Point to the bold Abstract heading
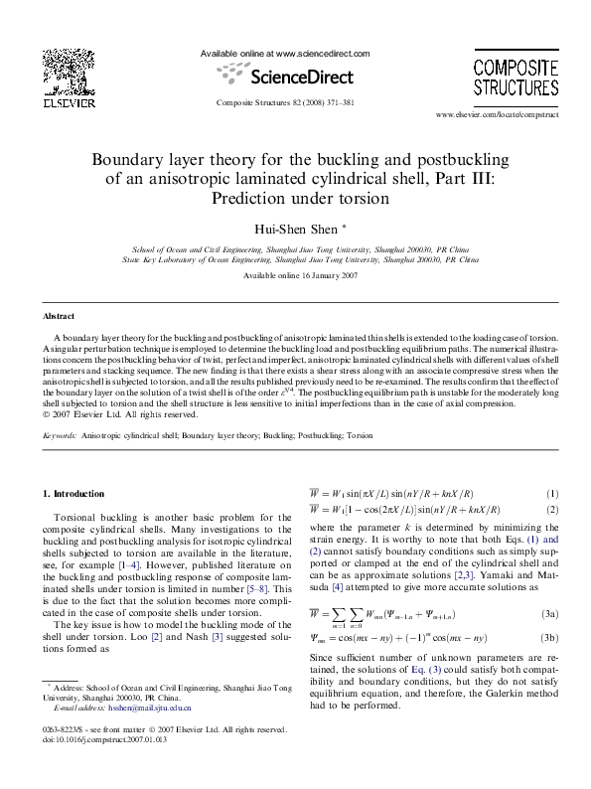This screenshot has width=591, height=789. (59, 316)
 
